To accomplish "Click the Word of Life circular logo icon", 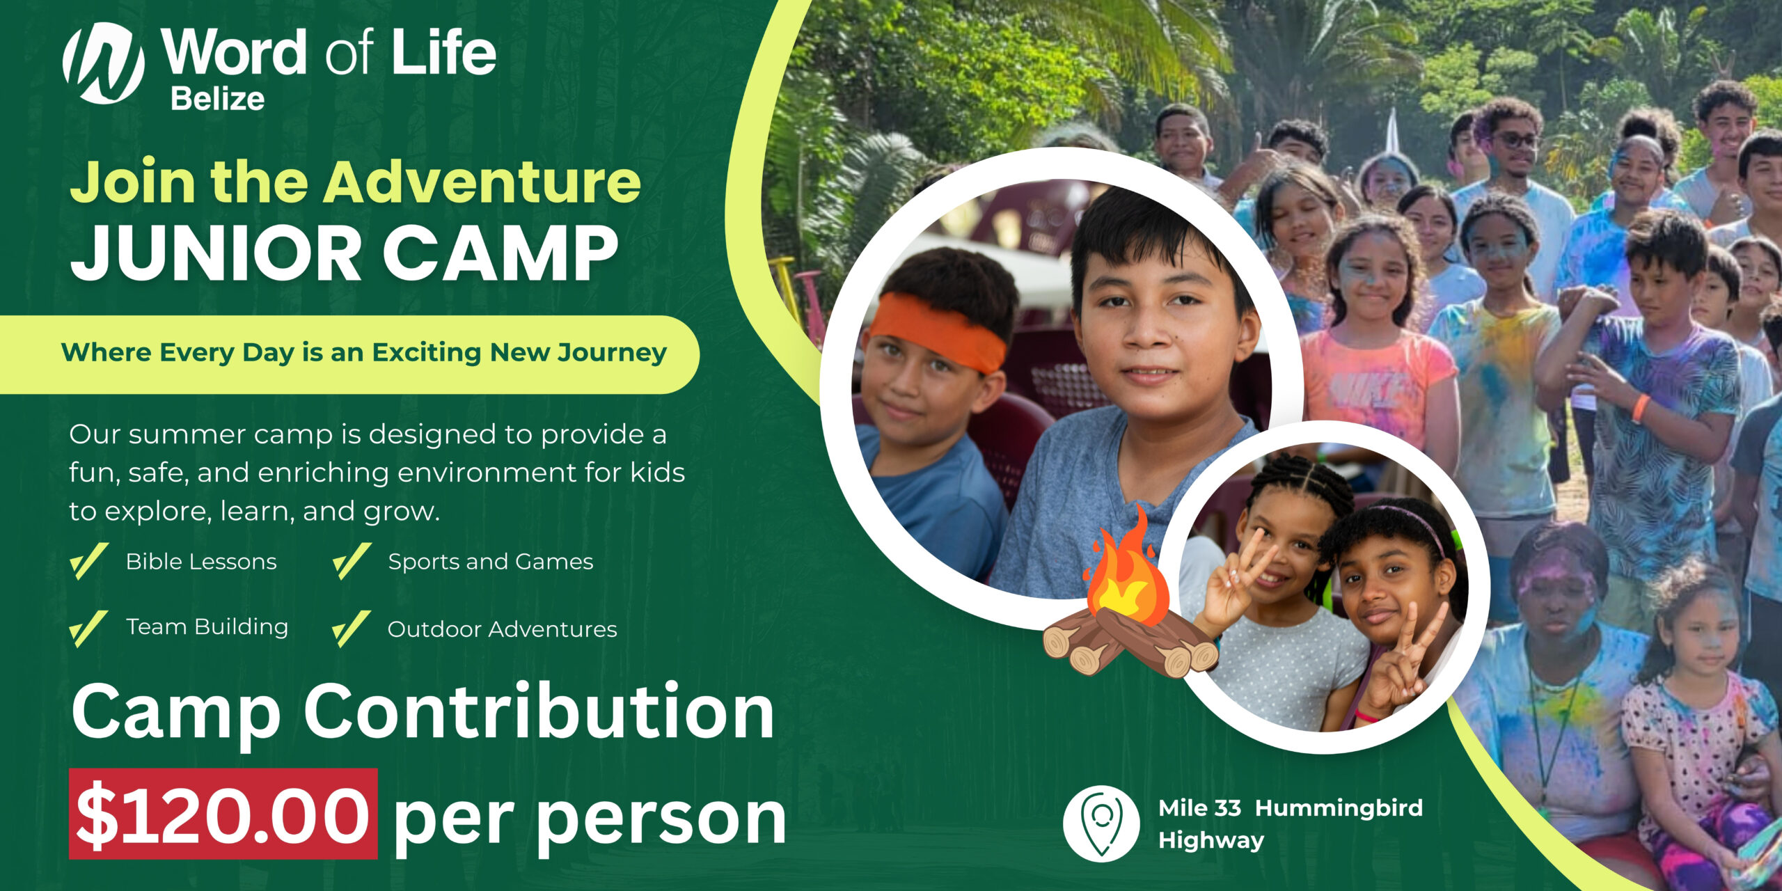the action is coord(104,63).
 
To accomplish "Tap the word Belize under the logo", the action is coord(218,99).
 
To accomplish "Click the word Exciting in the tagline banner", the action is coord(426,353).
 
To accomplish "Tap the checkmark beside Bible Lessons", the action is coord(89,561).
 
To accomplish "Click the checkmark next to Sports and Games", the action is coord(352,561).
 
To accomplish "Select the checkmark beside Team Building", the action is coord(89,629).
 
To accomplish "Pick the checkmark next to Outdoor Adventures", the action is coord(352,629).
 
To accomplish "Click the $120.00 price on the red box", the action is coord(223,814).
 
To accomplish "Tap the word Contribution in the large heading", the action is coord(539,711).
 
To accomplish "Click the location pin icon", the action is coord(1101,823).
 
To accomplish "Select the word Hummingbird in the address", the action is coord(1339,808).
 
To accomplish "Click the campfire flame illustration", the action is coord(1128,569).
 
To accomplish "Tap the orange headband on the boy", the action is coord(937,332).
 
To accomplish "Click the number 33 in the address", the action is coord(1228,808).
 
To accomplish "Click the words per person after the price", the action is coord(590,820).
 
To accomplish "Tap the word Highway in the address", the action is coord(1211,841).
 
